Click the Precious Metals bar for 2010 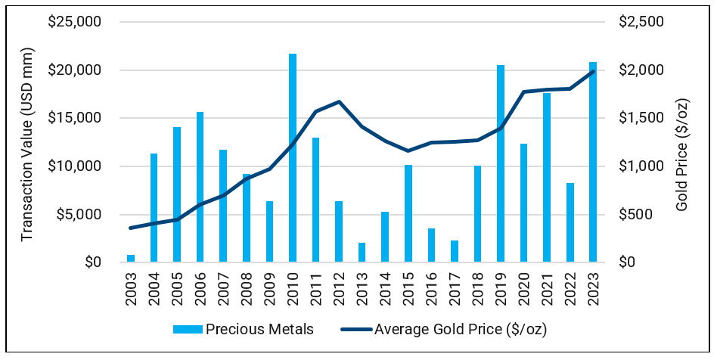293,158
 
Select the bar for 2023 593,162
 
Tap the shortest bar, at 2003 131,259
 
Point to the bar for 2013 362,253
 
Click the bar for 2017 455,252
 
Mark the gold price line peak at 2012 339,101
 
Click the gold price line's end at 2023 593,71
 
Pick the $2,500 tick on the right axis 641,22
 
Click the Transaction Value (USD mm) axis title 27,142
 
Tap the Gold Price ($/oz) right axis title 683,142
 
